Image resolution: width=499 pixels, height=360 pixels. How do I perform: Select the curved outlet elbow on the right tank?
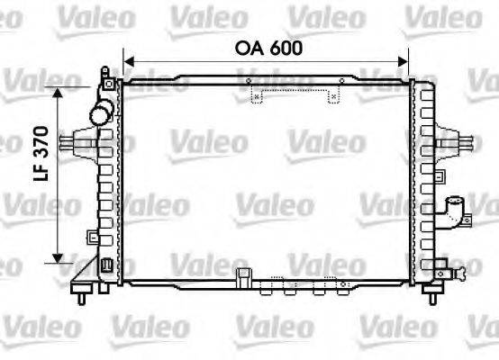[456, 214]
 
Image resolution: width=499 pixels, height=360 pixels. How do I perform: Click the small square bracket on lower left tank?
[91, 236]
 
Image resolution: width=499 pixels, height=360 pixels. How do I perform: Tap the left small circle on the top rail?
[249, 82]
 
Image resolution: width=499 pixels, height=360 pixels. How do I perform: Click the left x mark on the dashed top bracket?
[257, 95]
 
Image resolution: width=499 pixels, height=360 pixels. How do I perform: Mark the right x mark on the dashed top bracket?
[333, 95]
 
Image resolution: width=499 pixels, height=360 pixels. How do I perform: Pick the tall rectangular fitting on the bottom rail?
[240, 276]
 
